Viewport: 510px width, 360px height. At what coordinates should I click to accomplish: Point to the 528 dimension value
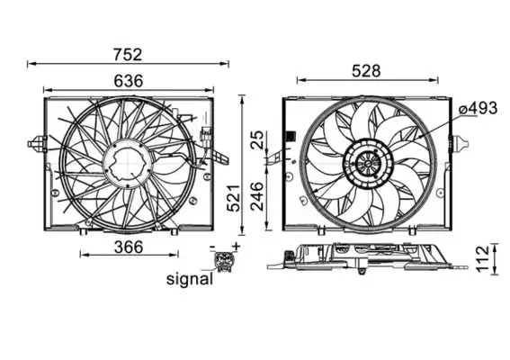(x=365, y=71)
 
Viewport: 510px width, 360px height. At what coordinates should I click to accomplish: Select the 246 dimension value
(x=257, y=193)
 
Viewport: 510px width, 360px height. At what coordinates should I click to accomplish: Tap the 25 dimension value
(x=257, y=139)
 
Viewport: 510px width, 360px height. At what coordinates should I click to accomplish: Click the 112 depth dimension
(x=483, y=256)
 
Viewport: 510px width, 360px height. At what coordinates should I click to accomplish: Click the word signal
(x=190, y=279)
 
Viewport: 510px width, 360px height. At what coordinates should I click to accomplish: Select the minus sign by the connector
(x=213, y=247)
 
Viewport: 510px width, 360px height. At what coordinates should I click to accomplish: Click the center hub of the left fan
(x=126, y=163)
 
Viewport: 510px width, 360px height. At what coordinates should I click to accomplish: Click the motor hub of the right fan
(x=366, y=164)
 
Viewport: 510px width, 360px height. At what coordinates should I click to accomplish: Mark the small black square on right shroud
(x=290, y=138)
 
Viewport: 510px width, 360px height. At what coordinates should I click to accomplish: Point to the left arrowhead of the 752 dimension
(x=31, y=63)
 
